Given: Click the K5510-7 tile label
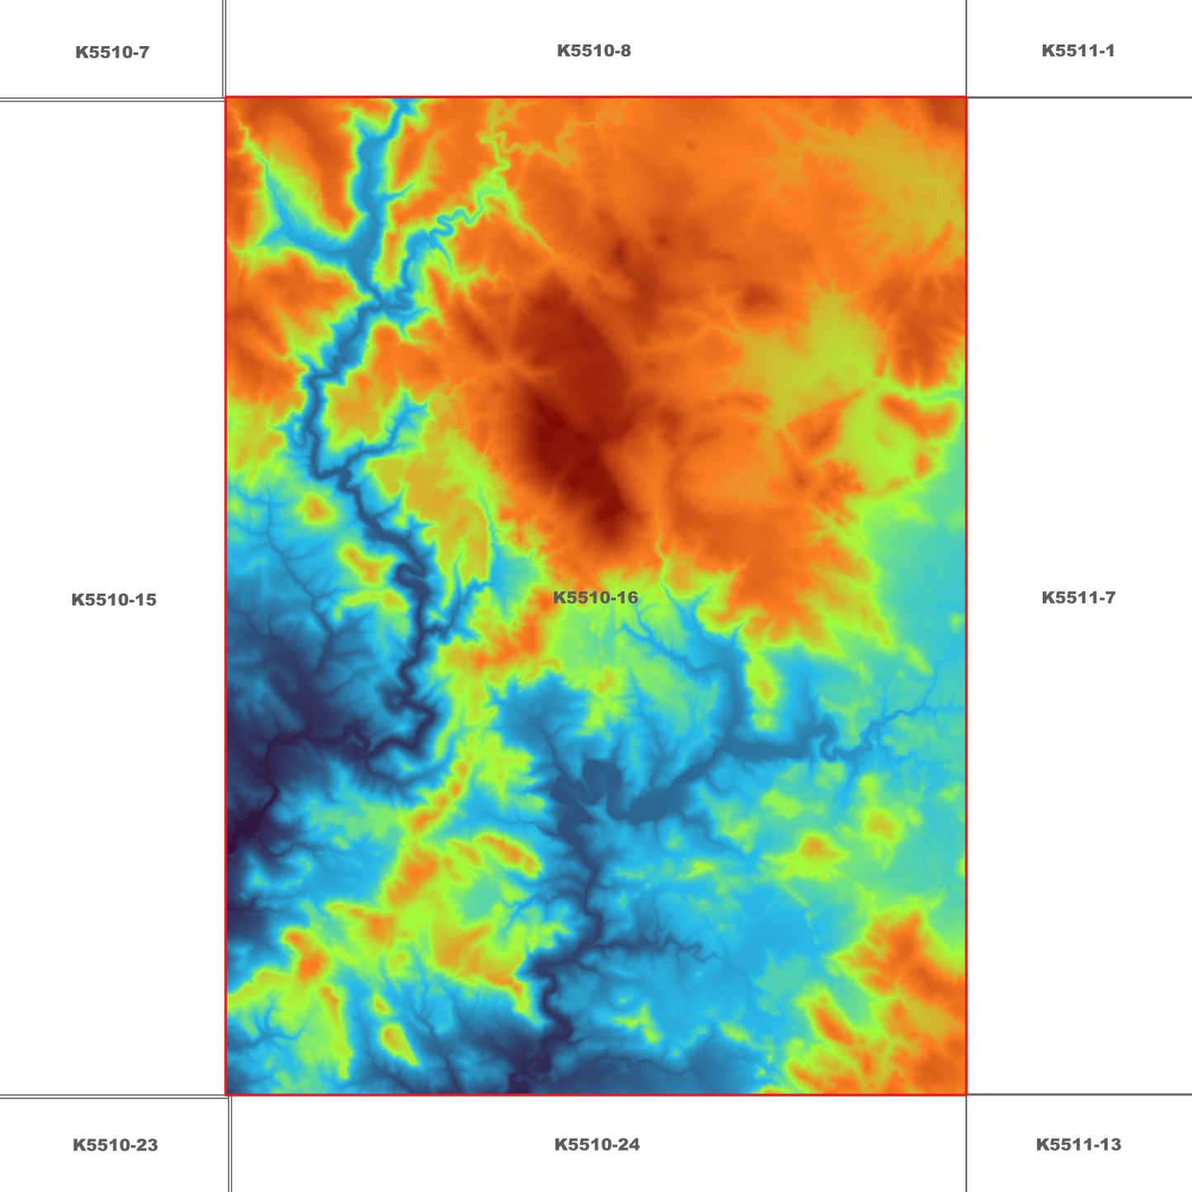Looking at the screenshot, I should coord(112,53).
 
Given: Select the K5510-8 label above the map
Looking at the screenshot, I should coord(594,51).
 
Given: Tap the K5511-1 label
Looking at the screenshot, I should coord(1078,51).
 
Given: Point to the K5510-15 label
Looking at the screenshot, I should coord(114,600).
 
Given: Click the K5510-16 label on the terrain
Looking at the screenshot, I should coord(596,597).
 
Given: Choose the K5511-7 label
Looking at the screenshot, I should coord(1078,597).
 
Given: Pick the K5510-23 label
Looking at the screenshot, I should coord(115,1145).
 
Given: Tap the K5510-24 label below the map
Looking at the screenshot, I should coord(596,1144).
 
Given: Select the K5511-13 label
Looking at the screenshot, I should coord(1078,1144).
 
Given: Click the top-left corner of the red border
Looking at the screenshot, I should coord(226,97).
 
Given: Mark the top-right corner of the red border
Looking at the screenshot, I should coord(966,97).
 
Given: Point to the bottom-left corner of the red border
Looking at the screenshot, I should coord(226,1095).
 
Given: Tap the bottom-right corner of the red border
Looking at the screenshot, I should coord(966,1095).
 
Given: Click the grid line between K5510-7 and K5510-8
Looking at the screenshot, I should coord(224,49).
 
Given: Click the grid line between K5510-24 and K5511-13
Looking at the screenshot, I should coord(966,1144).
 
